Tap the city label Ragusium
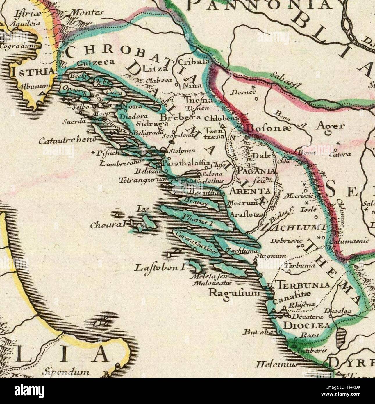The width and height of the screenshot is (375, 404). (x=234, y=292)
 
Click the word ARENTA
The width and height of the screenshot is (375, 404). (x=251, y=191)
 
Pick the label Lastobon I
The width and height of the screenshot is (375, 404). (x=160, y=267)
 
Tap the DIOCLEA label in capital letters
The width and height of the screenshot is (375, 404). (x=306, y=325)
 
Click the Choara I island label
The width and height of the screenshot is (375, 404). (x=109, y=225)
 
